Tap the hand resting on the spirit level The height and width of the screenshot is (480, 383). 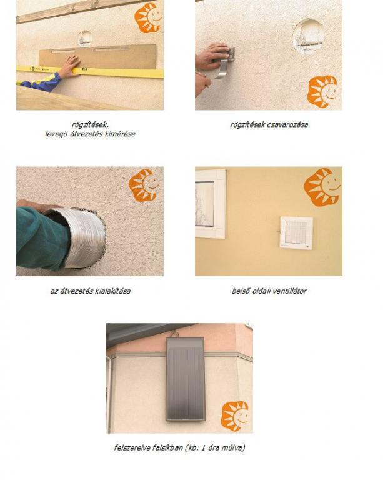(69, 66)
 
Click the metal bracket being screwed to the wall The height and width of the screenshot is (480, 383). (226, 63)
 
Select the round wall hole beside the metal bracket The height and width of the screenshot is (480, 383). (309, 36)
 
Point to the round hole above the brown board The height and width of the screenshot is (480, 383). (85, 38)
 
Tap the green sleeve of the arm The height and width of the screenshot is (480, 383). (42, 239)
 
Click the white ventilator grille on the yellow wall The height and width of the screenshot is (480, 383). (296, 232)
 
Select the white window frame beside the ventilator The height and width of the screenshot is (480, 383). (211, 204)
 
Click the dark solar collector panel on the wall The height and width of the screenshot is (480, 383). (185, 379)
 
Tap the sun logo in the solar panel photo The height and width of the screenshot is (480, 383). (235, 416)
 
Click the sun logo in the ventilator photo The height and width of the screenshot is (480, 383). (322, 187)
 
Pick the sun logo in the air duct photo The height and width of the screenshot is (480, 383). (143, 185)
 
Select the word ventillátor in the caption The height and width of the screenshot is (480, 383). (289, 291)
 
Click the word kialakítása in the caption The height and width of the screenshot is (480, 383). (112, 291)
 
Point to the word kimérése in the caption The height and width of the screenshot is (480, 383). (120, 134)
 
